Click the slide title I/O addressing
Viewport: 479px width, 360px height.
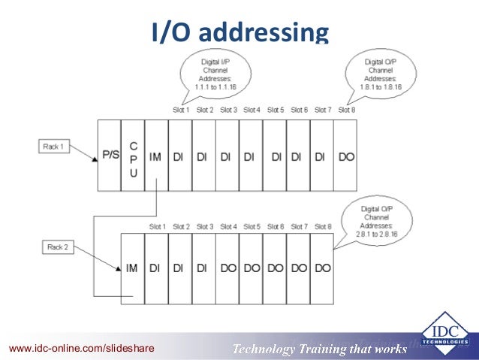point(239,32)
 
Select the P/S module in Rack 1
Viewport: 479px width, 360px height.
point(110,155)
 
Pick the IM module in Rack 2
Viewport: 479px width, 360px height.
point(132,268)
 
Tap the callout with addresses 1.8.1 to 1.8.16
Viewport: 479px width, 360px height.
point(381,75)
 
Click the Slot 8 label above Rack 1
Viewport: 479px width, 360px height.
point(346,110)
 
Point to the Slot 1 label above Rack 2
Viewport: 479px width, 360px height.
point(157,226)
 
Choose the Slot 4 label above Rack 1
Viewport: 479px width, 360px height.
point(252,110)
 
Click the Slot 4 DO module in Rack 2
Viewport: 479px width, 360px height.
point(227,268)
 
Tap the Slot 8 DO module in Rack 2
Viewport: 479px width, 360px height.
point(322,268)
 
